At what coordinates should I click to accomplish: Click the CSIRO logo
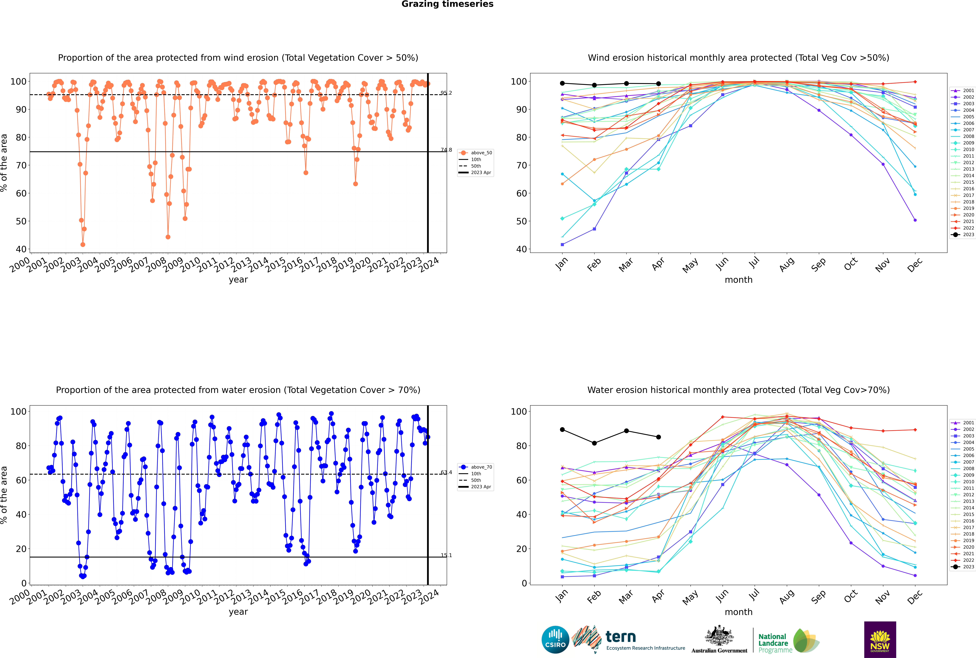tap(555, 640)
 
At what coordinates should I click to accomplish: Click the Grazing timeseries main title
tap(447, 4)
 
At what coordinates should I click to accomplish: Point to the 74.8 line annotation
tap(446, 150)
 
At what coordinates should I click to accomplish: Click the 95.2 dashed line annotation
tap(446, 93)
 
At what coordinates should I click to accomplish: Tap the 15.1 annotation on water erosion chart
tap(446, 555)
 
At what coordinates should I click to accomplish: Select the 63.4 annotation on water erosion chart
tap(446, 472)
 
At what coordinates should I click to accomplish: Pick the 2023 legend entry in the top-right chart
tap(963, 235)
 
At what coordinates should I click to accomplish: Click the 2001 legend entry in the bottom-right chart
tap(963, 423)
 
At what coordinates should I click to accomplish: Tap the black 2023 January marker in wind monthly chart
tap(562, 83)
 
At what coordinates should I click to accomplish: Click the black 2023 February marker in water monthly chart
tap(594, 443)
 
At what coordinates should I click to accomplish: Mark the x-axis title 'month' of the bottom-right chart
tap(738, 612)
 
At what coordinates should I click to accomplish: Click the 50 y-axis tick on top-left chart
tap(21, 221)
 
